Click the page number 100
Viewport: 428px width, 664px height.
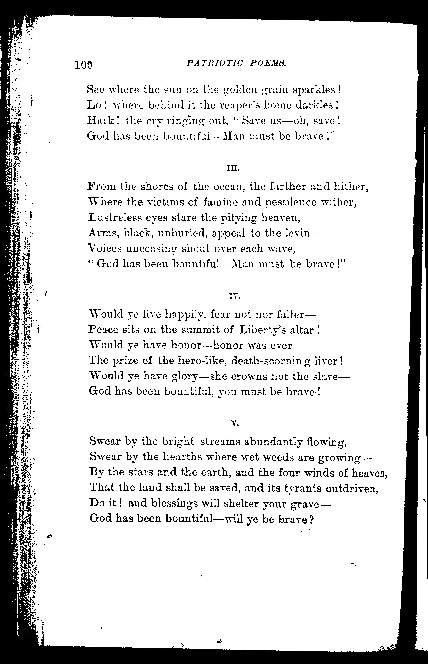[x=83, y=65]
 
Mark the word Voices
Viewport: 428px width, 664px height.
[x=105, y=248]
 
